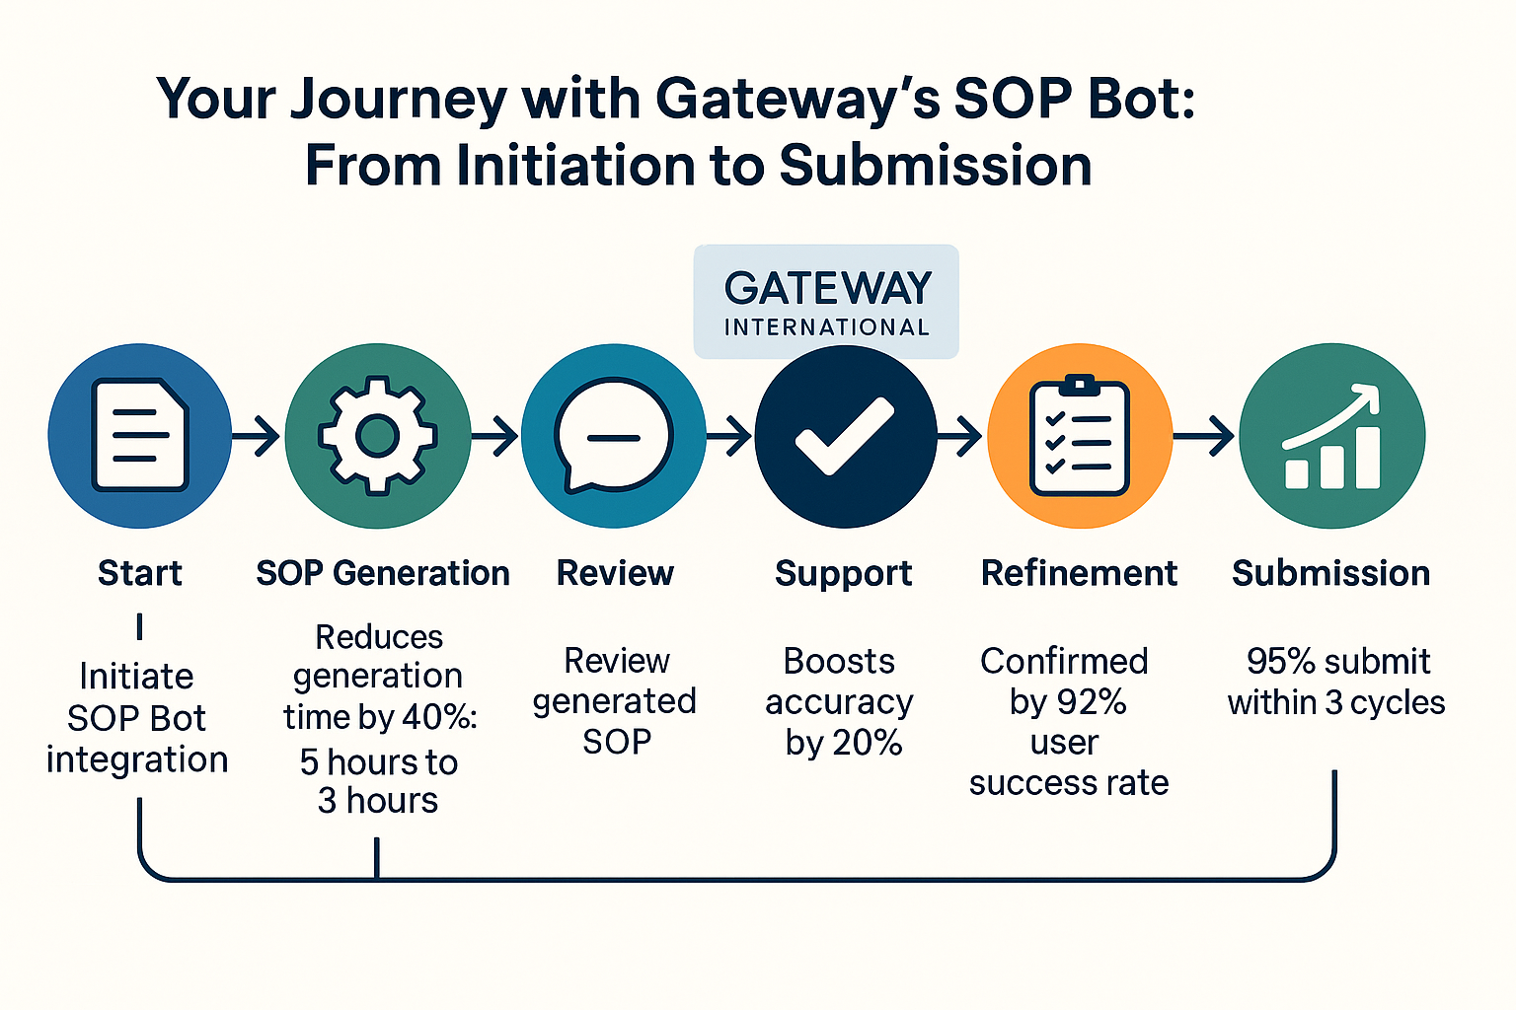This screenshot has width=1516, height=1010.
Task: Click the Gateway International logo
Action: point(827,302)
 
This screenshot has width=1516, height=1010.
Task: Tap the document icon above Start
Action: point(140,435)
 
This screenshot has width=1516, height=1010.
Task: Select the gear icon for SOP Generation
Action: point(378,435)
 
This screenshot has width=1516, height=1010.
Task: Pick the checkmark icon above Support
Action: point(845,436)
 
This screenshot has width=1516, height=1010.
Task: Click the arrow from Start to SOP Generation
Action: point(258,435)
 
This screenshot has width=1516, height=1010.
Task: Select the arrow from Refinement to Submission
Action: point(1205,435)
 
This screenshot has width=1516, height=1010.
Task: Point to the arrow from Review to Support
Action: point(730,435)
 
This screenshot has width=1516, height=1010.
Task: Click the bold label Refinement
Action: point(1079,573)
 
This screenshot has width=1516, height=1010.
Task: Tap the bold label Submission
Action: point(1330,573)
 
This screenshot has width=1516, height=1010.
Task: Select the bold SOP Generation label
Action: point(383,573)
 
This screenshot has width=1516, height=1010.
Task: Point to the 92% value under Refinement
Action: point(1096,702)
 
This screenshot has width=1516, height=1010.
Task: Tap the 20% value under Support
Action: point(869,743)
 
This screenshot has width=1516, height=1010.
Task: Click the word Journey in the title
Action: point(399,100)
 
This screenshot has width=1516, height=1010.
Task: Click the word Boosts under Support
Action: point(839,661)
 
